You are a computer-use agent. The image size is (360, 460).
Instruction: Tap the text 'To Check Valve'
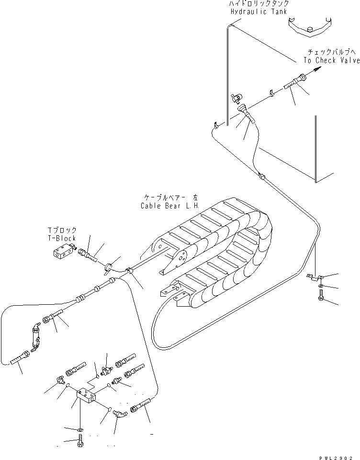331,60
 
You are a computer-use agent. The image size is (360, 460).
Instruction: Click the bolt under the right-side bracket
320,297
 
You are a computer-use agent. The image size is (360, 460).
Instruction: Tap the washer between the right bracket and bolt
319,286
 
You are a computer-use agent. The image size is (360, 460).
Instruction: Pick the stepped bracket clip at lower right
316,277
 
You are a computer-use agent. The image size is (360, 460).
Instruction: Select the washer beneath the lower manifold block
79,428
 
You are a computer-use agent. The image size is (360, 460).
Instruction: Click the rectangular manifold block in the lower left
87,396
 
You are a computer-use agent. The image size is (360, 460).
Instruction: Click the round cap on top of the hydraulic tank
310,30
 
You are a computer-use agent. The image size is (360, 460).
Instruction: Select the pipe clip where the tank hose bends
262,177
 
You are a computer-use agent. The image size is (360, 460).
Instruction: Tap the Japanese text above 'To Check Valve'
331,52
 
